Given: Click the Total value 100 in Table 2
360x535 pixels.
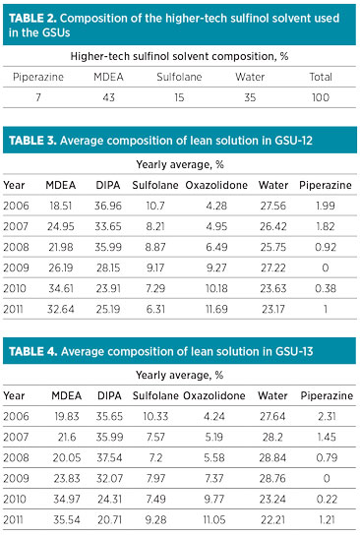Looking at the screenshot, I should pyautogui.click(x=322, y=96).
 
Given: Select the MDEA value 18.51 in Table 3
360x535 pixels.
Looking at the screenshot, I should pyautogui.click(x=61, y=205).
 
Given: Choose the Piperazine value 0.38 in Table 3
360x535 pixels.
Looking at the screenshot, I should pyautogui.click(x=327, y=288).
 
